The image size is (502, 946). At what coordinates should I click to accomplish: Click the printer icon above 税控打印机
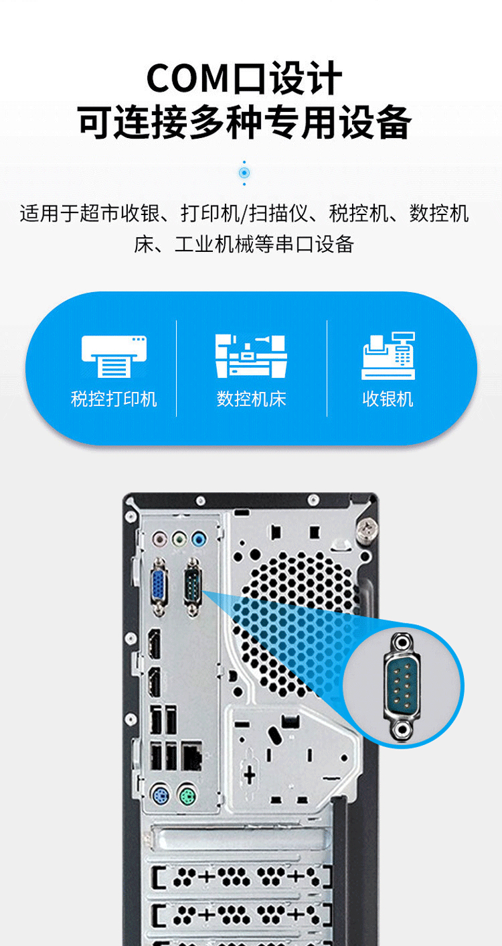[114, 356]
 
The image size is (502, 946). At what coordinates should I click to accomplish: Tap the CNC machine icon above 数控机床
[251, 356]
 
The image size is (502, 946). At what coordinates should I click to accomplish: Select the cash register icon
[388, 356]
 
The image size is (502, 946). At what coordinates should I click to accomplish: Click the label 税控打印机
[114, 399]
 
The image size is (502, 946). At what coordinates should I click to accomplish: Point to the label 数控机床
[252, 399]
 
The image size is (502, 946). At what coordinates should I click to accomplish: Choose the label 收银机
[388, 399]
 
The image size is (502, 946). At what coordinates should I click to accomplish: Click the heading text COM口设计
[244, 78]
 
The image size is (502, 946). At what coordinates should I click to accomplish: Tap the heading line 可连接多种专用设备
[244, 122]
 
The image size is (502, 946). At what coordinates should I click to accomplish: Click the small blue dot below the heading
[244, 173]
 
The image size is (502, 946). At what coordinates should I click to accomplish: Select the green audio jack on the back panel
[179, 539]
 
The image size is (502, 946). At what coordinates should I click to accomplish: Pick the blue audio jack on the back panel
[198, 539]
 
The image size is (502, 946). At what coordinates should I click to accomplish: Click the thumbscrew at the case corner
[367, 529]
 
